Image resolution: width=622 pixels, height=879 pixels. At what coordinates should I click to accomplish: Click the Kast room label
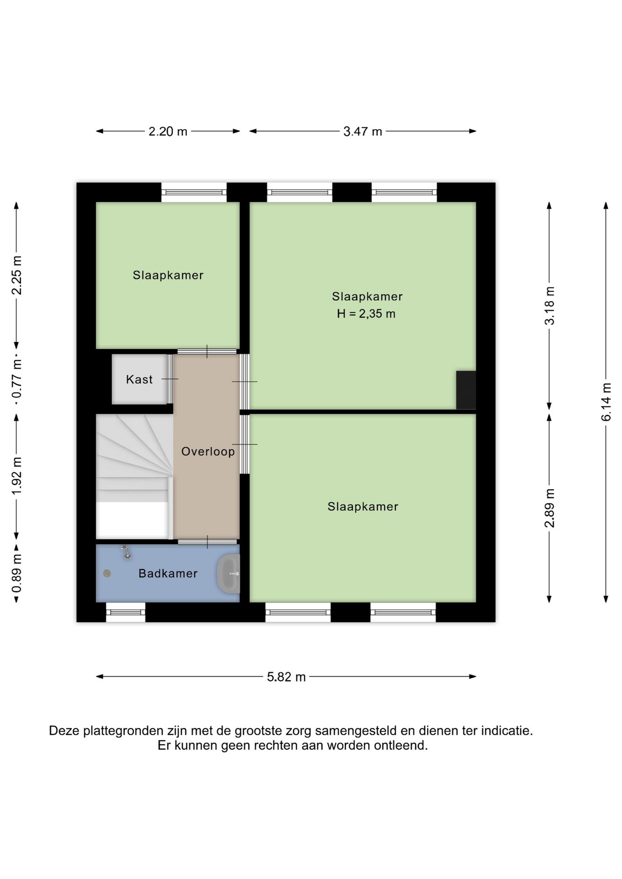[x=139, y=379]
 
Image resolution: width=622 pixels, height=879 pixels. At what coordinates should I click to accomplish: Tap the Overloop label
[x=208, y=451]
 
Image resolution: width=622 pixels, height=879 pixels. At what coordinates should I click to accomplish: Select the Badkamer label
[x=168, y=573]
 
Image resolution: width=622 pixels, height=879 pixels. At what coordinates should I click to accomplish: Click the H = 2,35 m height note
[x=366, y=314]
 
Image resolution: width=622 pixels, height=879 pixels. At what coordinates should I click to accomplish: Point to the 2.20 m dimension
[x=168, y=131]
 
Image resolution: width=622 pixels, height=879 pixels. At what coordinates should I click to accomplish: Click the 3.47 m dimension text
[x=363, y=131]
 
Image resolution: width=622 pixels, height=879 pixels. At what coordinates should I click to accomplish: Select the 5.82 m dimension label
[x=286, y=677]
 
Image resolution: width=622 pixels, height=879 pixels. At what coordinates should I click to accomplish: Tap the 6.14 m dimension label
[x=606, y=402]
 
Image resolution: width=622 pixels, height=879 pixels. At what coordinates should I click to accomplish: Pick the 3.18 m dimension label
[x=549, y=306]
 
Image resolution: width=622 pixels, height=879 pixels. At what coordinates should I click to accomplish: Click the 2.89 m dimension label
[x=549, y=508]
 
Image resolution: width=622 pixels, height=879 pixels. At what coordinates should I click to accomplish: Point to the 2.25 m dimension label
[x=16, y=275]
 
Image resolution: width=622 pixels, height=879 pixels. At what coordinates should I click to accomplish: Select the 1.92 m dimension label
[x=16, y=476]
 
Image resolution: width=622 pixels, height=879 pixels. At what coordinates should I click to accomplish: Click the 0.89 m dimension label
[x=16, y=573]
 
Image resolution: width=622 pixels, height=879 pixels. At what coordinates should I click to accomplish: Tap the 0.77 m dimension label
[x=16, y=380]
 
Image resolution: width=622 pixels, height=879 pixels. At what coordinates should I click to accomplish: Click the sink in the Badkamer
[x=229, y=574]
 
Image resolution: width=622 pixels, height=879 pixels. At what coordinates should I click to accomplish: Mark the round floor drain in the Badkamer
[x=107, y=573]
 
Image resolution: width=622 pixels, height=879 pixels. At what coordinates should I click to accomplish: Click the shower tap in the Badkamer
[x=126, y=552]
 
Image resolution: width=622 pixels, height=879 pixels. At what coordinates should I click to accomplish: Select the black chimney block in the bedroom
[x=466, y=390]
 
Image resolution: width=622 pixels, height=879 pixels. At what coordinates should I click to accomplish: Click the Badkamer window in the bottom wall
[x=125, y=612]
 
